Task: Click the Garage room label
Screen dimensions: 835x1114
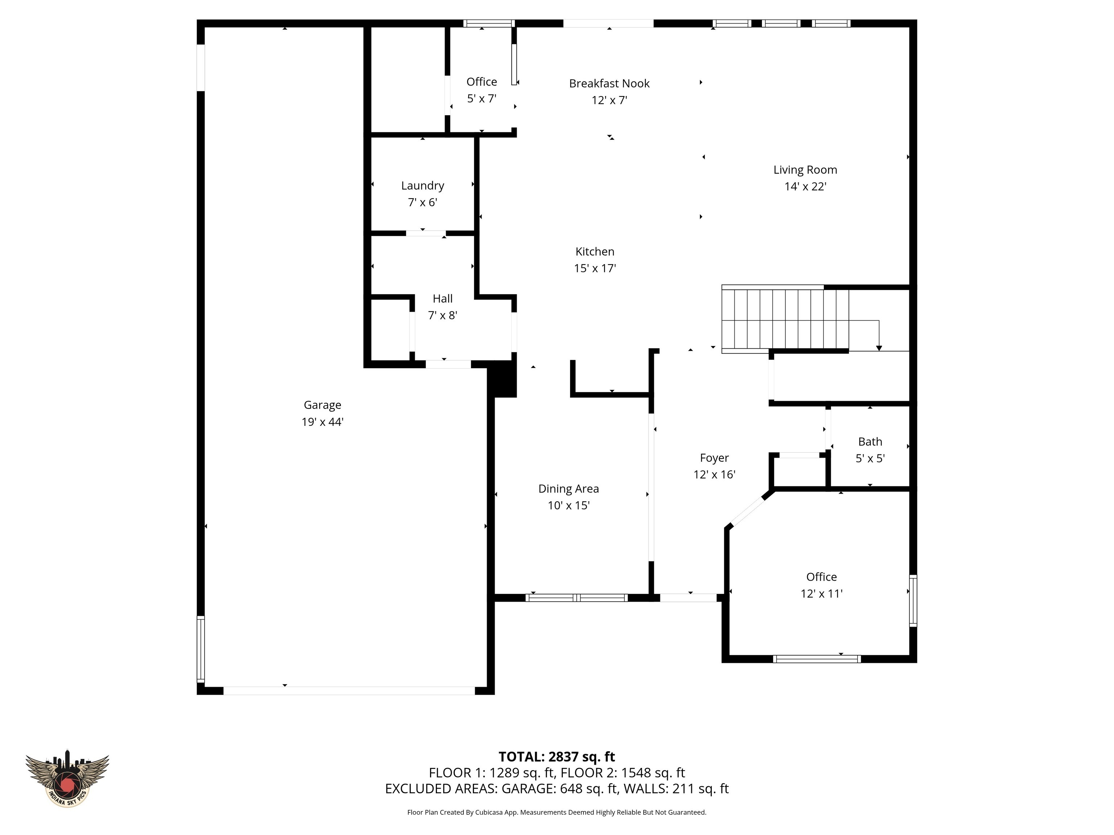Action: pos(322,405)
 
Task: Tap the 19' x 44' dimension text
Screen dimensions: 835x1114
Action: pos(322,422)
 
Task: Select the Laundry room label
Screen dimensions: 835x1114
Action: pos(422,185)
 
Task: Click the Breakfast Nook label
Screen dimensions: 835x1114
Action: pos(609,84)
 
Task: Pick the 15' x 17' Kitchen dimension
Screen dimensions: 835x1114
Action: pos(595,268)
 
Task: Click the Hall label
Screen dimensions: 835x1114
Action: pos(443,299)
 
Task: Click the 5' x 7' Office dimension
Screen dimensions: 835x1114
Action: pos(482,99)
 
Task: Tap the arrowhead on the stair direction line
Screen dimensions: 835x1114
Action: pos(879,348)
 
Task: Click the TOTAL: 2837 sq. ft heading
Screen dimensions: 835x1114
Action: pos(557,756)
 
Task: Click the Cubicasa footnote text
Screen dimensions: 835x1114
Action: pos(557,813)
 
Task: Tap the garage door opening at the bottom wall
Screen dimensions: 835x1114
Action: pos(349,690)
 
